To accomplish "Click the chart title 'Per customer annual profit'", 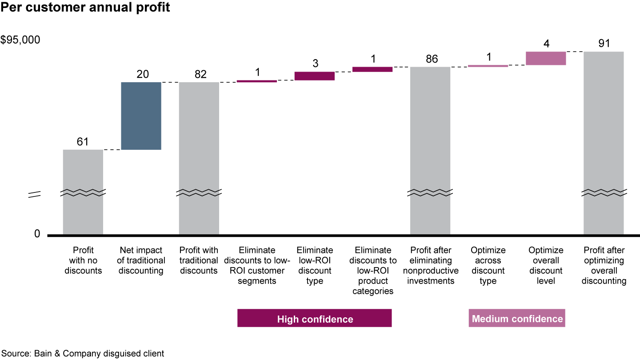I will pos(85,8).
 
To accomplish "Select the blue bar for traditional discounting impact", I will pos(141,116).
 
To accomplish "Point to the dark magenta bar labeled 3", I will pos(314,76).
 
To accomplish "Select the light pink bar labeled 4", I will pos(545,58).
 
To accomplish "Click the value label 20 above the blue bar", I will pos(142,74).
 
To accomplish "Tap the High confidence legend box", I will pos(314,318).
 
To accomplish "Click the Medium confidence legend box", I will pos(517,318).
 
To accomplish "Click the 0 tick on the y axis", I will pos(37,234).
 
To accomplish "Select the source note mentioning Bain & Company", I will pos(82,354).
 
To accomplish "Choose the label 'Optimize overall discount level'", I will pos(545,265).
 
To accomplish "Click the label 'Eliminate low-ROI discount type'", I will pos(314,265).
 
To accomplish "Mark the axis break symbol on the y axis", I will pos(35,194).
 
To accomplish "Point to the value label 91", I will pos(604,43).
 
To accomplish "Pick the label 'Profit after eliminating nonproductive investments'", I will pos(430,265).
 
